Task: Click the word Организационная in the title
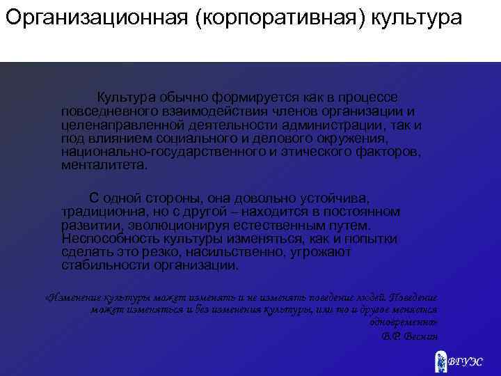[x=96, y=17]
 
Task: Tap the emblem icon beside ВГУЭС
[x=440, y=361]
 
